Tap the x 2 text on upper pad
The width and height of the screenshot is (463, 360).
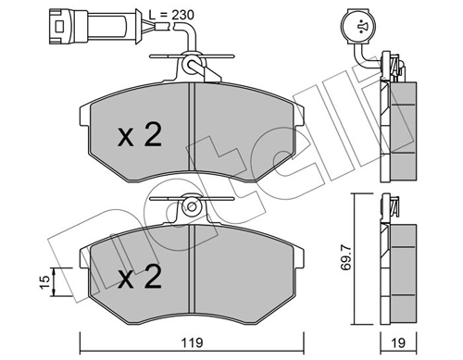[140, 136]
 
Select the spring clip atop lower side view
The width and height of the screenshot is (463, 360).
[394, 209]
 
